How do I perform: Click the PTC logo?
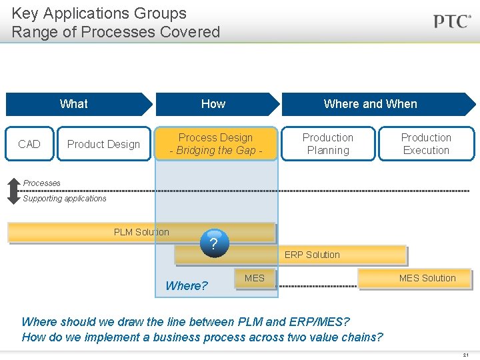pyautogui.click(x=452, y=21)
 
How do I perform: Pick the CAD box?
pyautogui.click(x=29, y=144)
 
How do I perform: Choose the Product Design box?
pyautogui.click(x=103, y=144)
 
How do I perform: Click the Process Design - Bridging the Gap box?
pyautogui.click(x=215, y=144)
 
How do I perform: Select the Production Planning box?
pyautogui.click(x=328, y=144)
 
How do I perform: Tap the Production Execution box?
pyautogui.click(x=426, y=144)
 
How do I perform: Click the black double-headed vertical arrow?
pyautogui.click(x=13, y=191)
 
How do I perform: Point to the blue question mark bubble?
pyautogui.click(x=213, y=244)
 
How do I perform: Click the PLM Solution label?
pyautogui.click(x=141, y=232)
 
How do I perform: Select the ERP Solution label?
pyautogui.click(x=312, y=255)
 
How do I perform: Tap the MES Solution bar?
pyautogui.click(x=415, y=278)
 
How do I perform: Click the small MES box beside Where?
pyautogui.click(x=254, y=278)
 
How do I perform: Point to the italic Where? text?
pyautogui.click(x=187, y=286)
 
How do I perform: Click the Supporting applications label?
pyautogui.click(x=65, y=199)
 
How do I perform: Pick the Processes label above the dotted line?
pyautogui.click(x=41, y=183)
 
